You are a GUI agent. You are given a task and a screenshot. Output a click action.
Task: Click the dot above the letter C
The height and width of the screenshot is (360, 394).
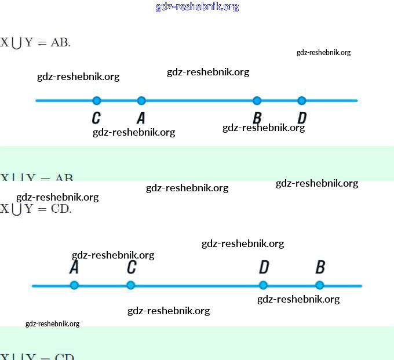click(x=97, y=101)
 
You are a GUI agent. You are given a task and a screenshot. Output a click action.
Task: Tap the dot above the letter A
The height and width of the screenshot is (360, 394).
click(x=141, y=101)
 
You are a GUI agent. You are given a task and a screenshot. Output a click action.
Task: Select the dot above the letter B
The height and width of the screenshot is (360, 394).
click(x=257, y=101)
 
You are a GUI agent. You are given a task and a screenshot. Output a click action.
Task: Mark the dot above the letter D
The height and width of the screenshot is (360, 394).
click(x=301, y=101)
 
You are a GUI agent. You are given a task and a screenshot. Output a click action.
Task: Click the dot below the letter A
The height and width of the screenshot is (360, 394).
click(x=74, y=285)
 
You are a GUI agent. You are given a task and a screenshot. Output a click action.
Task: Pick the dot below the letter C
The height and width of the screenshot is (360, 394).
click(x=131, y=285)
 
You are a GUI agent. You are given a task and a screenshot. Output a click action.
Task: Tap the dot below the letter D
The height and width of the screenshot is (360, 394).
click(x=263, y=285)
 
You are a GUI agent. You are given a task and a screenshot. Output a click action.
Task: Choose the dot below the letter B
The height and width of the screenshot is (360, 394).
click(x=320, y=285)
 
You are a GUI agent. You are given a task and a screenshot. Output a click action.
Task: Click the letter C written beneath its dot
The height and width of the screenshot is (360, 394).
click(x=96, y=118)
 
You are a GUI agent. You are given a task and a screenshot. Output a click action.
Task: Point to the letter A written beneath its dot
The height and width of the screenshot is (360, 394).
click(x=141, y=118)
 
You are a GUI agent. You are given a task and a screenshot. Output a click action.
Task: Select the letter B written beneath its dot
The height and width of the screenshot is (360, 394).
click(x=257, y=118)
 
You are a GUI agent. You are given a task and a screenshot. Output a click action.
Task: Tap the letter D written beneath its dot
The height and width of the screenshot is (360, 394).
click(x=301, y=118)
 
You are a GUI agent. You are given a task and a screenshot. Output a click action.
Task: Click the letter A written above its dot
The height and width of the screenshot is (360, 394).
click(x=74, y=267)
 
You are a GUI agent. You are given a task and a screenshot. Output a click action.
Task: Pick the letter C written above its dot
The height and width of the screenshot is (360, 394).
click(x=132, y=267)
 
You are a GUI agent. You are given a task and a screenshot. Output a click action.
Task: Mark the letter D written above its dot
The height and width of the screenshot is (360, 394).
click(x=264, y=267)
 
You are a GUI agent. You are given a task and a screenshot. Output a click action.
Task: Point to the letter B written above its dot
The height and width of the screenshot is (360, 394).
click(x=320, y=267)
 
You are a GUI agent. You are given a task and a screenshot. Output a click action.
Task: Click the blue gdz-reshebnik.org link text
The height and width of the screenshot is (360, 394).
click(x=197, y=7)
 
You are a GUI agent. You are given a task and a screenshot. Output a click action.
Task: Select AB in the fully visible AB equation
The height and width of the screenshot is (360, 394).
click(x=60, y=42)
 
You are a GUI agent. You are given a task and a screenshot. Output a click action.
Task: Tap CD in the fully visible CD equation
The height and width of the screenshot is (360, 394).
click(x=61, y=209)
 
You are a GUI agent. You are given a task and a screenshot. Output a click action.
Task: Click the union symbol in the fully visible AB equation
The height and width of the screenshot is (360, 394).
click(x=16, y=43)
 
